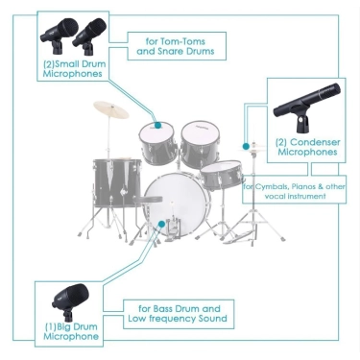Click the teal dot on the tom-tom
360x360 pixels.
tap(157, 125)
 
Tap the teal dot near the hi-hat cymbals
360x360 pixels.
tap(246, 146)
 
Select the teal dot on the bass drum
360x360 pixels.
tap(162, 224)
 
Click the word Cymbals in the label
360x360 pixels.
tap(269, 187)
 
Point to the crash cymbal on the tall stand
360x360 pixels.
tap(111, 109)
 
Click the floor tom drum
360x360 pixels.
tap(117, 182)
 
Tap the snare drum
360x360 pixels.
tap(222, 176)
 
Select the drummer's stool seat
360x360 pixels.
tap(148, 200)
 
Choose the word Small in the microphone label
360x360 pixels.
tap(67, 64)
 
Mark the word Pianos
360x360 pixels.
tap(300, 187)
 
